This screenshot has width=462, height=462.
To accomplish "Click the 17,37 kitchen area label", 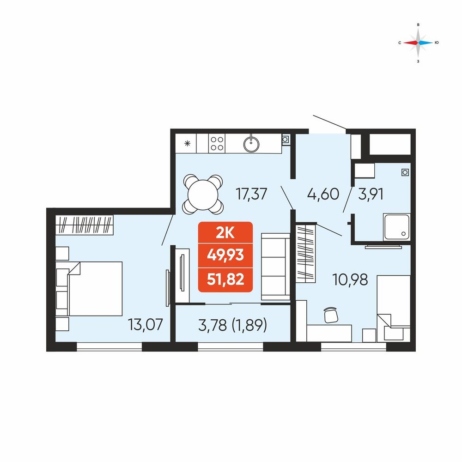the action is pyautogui.click(x=251, y=194).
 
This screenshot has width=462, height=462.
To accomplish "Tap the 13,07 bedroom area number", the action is pyautogui.click(x=145, y=324).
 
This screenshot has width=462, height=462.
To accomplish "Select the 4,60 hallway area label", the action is pyautogui.click(x=323, y=194).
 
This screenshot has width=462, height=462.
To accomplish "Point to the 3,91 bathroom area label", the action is pyautogui.click(x=371, y=194).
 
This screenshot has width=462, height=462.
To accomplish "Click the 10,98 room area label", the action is pyautogui.click(x=350, y=280).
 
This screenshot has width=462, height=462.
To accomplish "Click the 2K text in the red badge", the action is pyautogui.click(x=225, y=233).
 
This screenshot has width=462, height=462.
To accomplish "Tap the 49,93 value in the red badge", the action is pyautogui.click(x=225, y=255).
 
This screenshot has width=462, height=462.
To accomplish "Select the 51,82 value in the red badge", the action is pyautogui.click(x=225, y=279).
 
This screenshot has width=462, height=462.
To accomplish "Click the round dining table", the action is pyautogui.click(x=203, y=195).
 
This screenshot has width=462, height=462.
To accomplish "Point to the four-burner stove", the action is pyautogui.click(x=217, y=144).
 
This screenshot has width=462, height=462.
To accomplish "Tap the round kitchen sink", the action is pyautogui.click(x=251, y=144).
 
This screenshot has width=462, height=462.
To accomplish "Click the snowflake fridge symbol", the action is pyautogui.click(x=187, y=144).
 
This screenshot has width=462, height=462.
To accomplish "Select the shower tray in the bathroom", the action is pyautogui.click(x=396, y=227).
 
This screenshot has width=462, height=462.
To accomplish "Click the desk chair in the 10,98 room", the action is pyautogui.click(x=331, y=315).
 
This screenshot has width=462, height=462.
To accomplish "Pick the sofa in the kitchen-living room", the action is pyautogui.click(x=276, y=267).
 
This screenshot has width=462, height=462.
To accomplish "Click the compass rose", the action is pyautogui.click(x=418, y=43).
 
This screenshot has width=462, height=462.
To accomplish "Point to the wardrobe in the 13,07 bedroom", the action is pyautogui.click(x=84, y=225).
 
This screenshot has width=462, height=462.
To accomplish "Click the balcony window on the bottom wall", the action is pyautogui.click(x=231, y=346).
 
